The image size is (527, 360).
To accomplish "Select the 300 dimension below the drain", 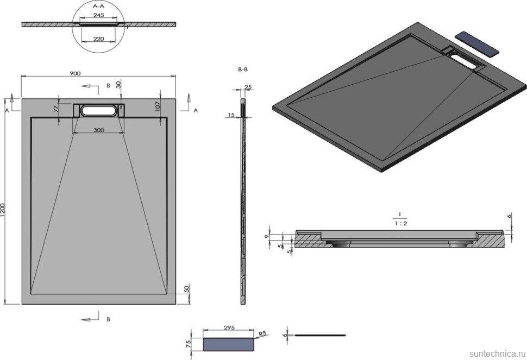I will pos(98,130).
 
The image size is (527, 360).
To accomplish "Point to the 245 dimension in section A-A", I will pos(98,16).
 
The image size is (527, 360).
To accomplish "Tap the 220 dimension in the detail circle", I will pos(98,39).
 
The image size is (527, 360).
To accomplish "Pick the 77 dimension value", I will pos(55,109).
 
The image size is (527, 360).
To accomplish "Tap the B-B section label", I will pos(243,70).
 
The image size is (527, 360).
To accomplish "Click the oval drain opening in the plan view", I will pos(98,111).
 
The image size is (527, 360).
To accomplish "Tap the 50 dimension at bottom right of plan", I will pos(187,288).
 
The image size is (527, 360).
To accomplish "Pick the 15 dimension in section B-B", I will pos(231,115).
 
